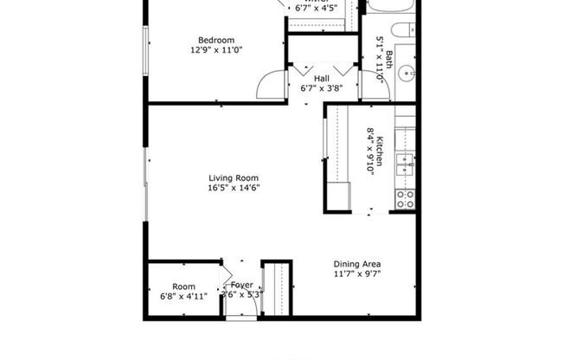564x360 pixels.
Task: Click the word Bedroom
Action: [x=215, y=40]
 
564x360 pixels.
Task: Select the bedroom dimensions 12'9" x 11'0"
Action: [x=215, y=50]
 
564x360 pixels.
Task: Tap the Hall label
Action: [x=321, y=78]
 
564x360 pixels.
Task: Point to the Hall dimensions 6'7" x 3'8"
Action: [x=321, y=87]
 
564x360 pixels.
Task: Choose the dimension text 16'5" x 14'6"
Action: [x=234, y=188]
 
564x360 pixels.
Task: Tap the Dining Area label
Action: [x=357, y=264]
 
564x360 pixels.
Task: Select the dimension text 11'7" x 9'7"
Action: [x=357, y=274]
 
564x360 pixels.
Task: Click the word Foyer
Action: [x=241, y=285]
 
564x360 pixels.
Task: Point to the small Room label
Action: [x=183, y=286]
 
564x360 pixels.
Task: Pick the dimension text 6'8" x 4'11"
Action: [x=183, y=296]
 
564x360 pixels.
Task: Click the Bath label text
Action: [x=389, y=59]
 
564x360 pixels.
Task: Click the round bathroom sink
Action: [x=407, y=74]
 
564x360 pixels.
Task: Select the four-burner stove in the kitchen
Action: [x=405, y=199]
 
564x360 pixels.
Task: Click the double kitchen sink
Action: [x=405, y=164]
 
